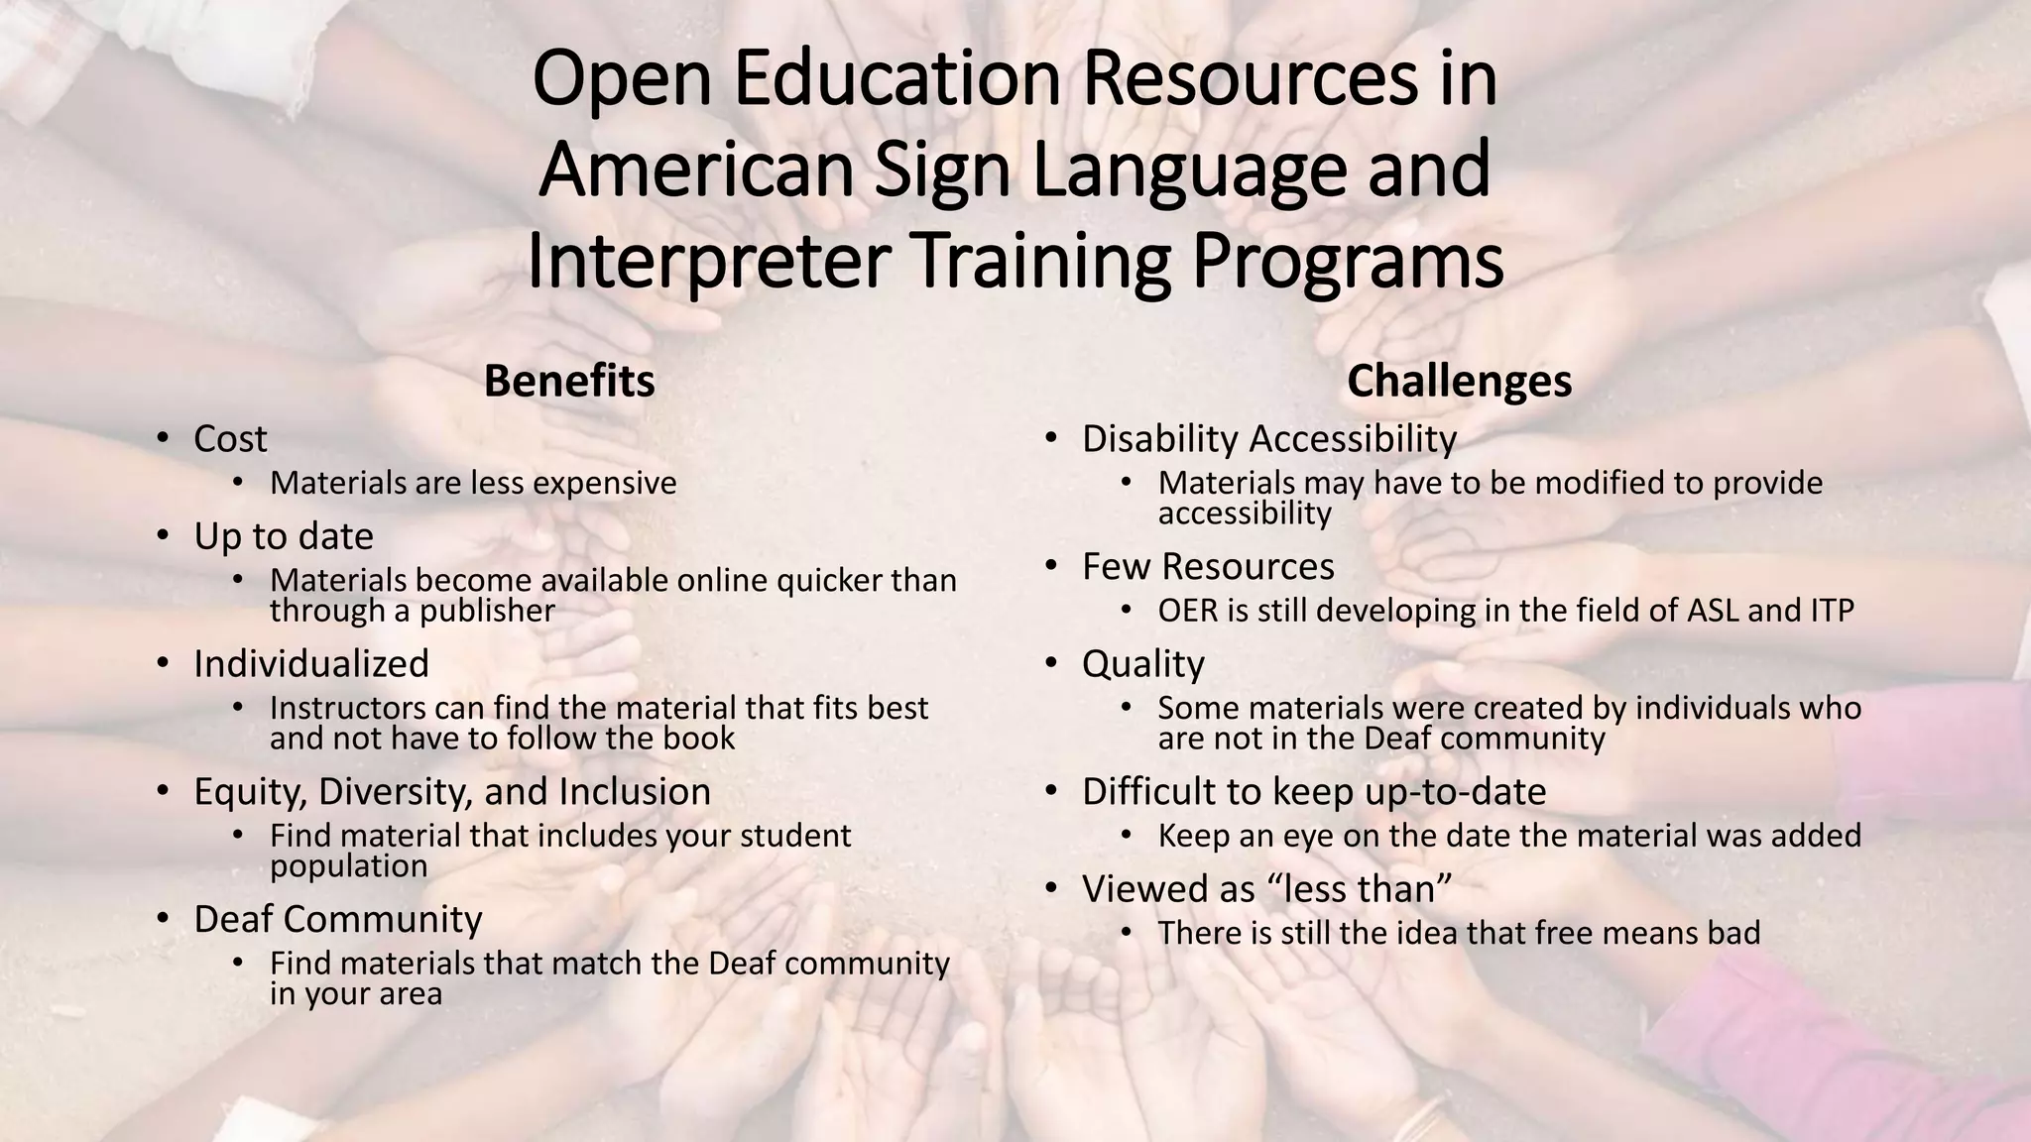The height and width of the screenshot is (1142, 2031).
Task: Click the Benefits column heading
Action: point(569,382)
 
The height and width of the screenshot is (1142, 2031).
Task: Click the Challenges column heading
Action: point(1459,382)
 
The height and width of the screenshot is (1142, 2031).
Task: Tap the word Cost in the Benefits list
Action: point(230,439)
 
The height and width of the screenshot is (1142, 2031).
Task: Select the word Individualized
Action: point(311,664)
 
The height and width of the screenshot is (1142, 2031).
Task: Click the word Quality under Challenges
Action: point(1143,664)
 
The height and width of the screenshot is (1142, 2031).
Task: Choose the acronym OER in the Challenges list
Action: point(1187,611)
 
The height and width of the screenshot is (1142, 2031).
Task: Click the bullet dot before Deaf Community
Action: point(164,918)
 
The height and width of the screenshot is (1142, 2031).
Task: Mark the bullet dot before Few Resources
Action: point(1052,565)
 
